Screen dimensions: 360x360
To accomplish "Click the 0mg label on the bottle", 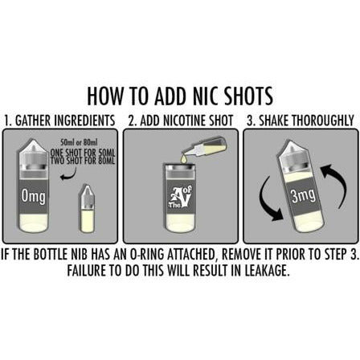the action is [x=34, y=197].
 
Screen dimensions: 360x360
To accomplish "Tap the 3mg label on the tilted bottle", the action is [x=304, y=195].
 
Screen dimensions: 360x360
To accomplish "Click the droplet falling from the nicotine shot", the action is [x=184, y=159].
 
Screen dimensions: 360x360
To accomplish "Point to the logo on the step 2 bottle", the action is [x=180, y=198].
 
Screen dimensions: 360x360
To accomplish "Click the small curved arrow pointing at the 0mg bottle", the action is [x=68, y=174].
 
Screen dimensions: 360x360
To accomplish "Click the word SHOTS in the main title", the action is [x=249, y=96].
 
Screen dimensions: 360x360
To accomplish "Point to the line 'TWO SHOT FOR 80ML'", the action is [x=83, y=161].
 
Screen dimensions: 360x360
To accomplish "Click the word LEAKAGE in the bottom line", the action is [x=267, y=271].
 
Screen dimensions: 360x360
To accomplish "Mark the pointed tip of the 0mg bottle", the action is [x=32, y=139].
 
